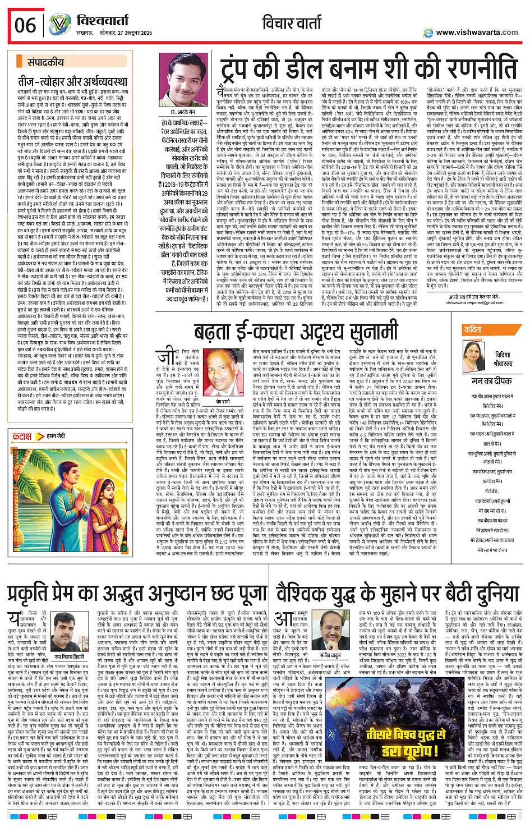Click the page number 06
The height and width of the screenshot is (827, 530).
[25, 25]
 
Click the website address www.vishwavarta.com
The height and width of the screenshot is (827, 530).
[477, 32]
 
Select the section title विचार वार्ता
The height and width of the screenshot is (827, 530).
[292, 24]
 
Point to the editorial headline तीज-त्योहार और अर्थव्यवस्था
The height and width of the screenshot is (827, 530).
[72, 81]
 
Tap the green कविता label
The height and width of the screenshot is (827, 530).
[472, 330]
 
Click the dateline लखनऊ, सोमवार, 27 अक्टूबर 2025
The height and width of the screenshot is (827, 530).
[114, 33]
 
